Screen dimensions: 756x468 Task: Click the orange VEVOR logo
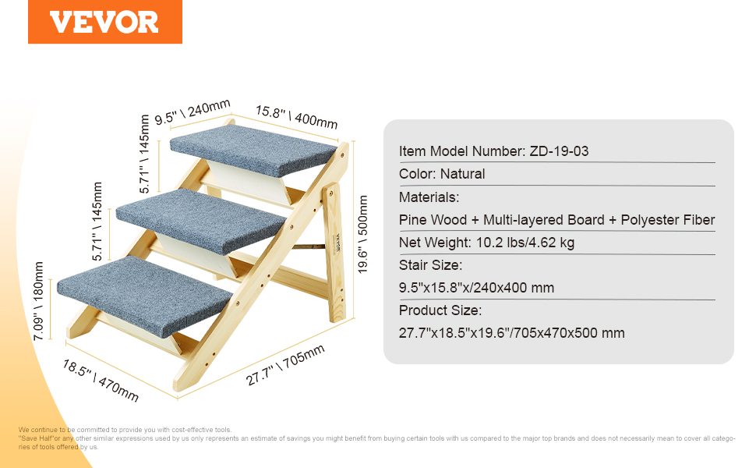tap(105, 22)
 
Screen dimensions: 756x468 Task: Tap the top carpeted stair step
tap(253, 151)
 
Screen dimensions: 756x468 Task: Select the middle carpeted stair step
tap(202, 221)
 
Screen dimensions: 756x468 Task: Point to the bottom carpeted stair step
tap(145, 296)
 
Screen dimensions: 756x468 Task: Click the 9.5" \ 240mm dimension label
tap(193, 112)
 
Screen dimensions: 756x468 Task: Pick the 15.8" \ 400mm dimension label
tap(296, 117)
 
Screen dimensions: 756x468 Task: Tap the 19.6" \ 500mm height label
tap(362, 235)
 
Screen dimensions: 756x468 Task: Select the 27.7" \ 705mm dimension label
tap(285, 365)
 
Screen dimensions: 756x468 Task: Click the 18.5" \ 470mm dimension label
tap(101, 381)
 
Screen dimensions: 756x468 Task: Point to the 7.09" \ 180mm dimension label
tap(38, 301)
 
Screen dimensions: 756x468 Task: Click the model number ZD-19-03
tap(559, 151)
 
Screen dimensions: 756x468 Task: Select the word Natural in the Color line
tap(462, 174)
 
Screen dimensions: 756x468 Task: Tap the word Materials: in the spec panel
tap(429, 197)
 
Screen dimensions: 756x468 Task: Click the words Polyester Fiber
tap(667, 220)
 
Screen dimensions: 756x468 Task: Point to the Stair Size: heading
tap(430, 265)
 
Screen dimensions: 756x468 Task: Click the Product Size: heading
tap(440, 310)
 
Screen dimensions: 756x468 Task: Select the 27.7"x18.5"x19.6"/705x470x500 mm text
tap(511, 333)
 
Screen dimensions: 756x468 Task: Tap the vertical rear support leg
tap(334, 252)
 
